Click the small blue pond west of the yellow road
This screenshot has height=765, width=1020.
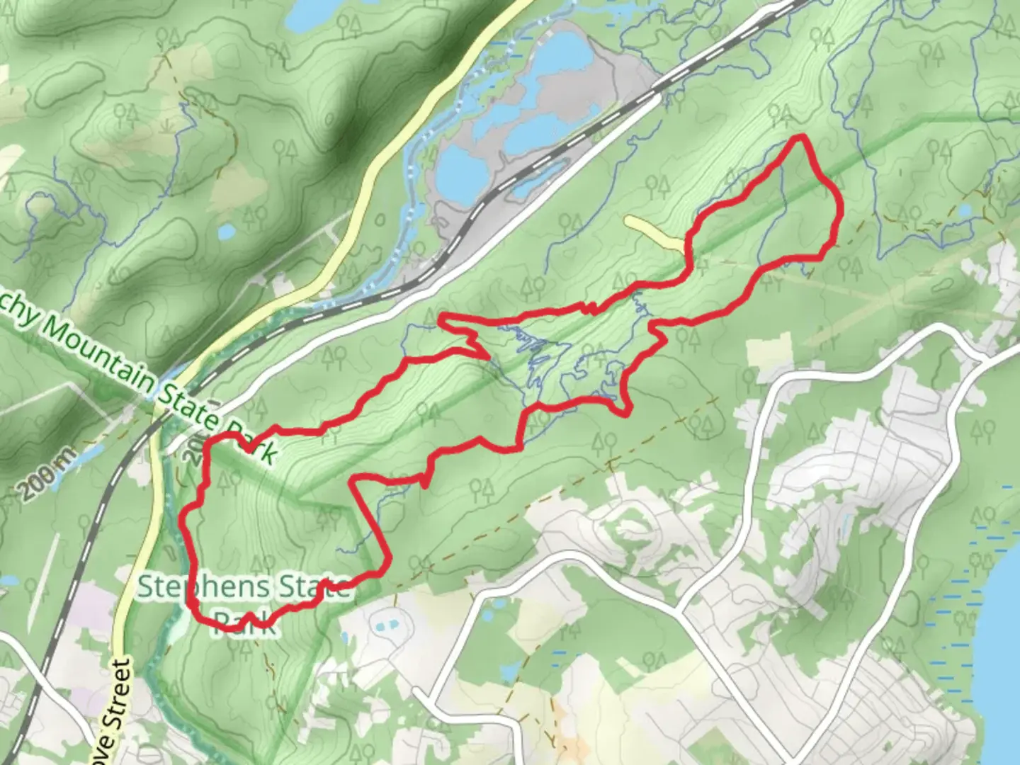226,232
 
